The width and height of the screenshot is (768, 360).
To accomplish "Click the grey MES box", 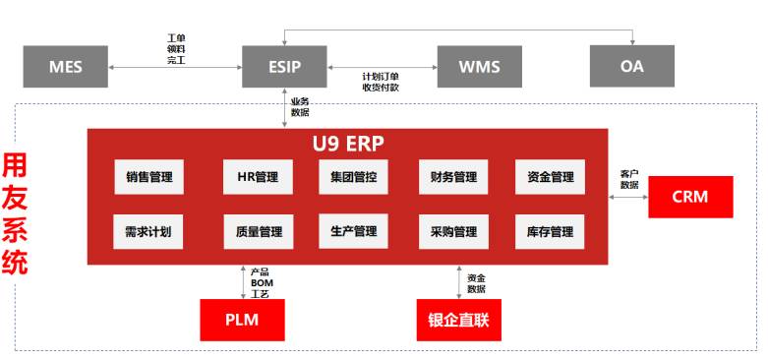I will (x=66, y=67).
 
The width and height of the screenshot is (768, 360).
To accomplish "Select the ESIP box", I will (x=284, y=67).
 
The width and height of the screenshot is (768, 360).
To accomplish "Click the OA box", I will (x=631, y=67).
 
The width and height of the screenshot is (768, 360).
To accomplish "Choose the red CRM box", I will (x=690, y=197).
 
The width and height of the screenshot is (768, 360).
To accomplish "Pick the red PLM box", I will (x=242, y=320).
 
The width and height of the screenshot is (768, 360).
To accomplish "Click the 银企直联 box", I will (x=458, y=320).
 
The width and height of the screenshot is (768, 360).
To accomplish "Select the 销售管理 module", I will (x=149, y=177).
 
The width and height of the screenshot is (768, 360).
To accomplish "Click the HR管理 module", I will (x=258, y=177).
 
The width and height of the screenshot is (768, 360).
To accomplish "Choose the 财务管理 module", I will (x=453, y=177).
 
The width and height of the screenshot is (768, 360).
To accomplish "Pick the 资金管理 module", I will (x=549, y=177).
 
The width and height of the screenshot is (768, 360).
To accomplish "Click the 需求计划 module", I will (x=149, y=232).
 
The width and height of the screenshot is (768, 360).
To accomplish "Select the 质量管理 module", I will (x=258, y=232).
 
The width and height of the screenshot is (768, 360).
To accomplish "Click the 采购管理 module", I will (x=453, y=232).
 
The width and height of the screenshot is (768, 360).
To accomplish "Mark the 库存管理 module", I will (x=549, y=232).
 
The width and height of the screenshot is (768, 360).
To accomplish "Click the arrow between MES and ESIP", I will (x=177, y=67).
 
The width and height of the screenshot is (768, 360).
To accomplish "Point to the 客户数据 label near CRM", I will (x=629, y=179).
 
